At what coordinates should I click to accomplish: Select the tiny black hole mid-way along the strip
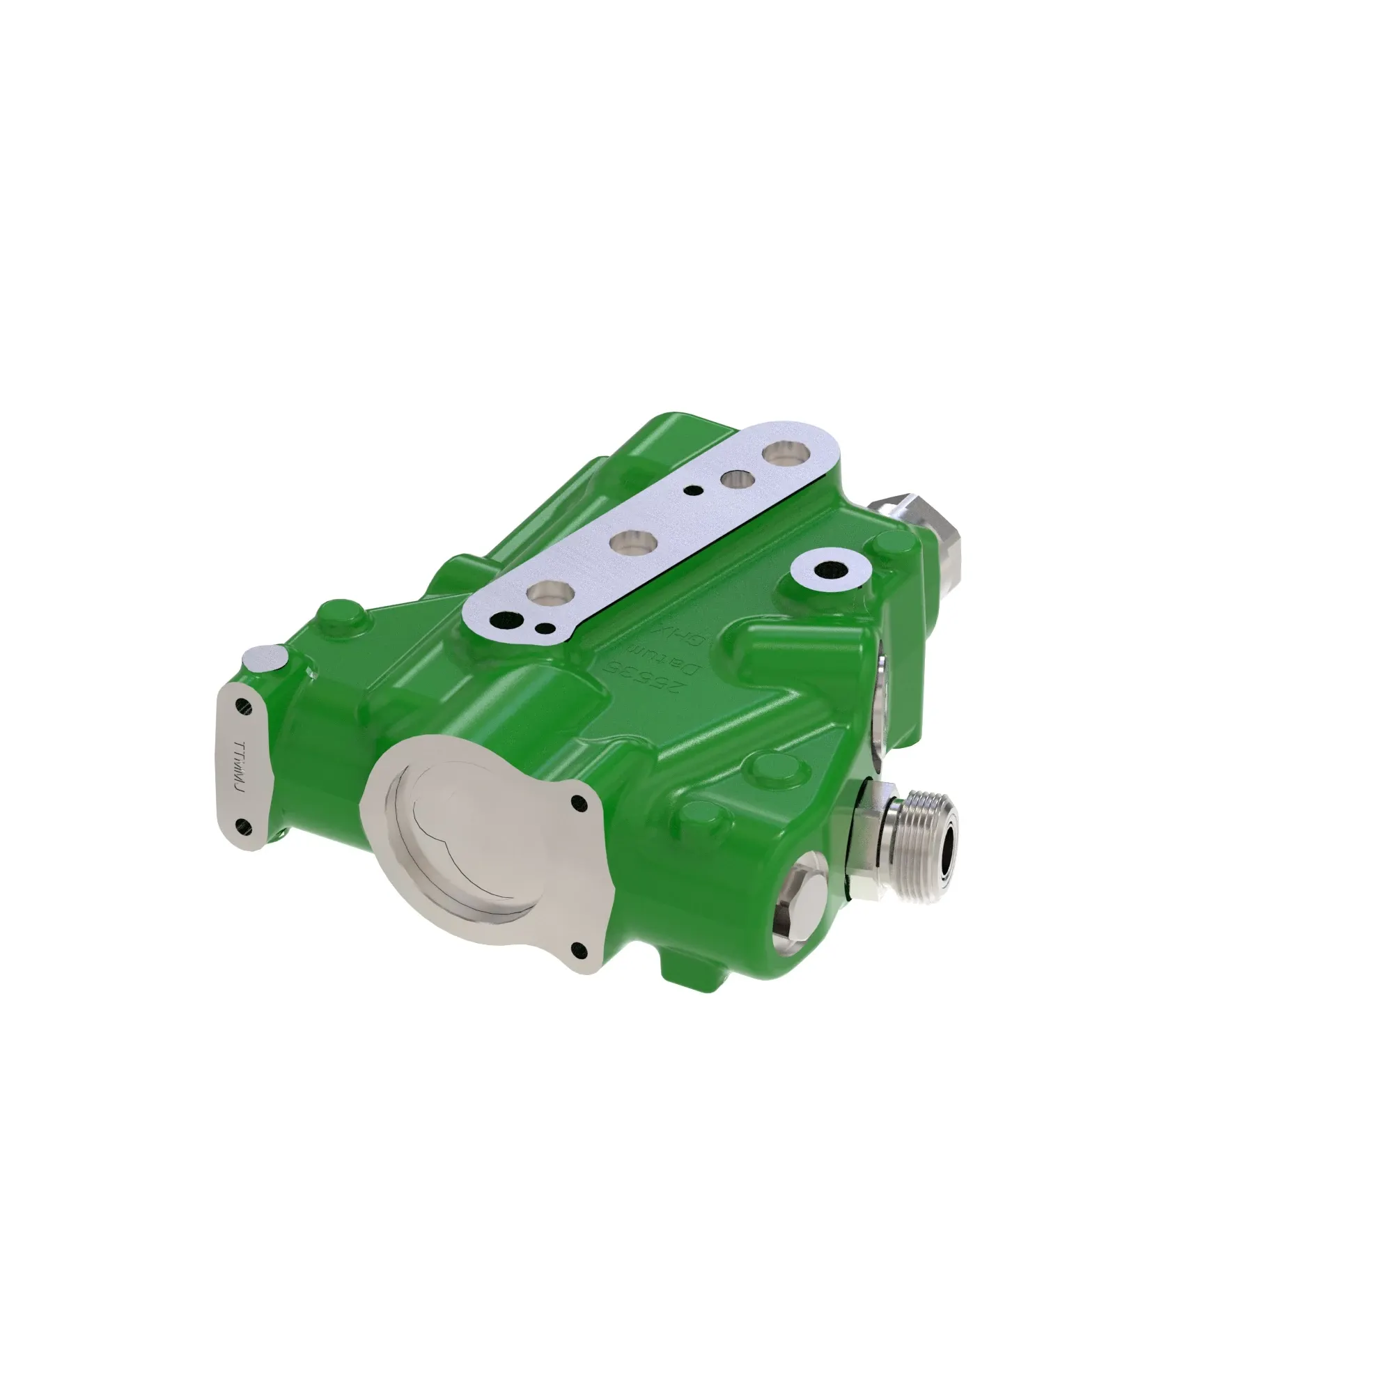coord(693,490)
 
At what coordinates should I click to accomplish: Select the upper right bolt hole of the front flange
coord(576,802)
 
